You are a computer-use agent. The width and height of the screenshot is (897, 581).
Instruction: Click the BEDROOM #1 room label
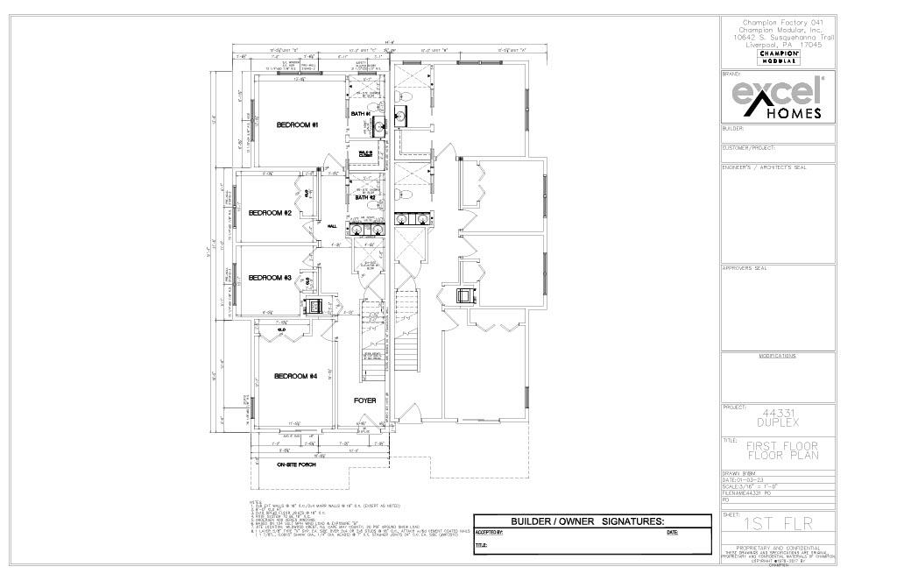(x=297, y=125)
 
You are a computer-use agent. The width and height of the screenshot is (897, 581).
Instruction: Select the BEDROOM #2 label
(x=269, y=213)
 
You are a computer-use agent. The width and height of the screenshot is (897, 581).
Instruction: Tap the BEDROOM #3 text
(x=269, y=278)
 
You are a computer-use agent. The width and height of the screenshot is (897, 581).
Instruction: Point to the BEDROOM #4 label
(x=295, y=376)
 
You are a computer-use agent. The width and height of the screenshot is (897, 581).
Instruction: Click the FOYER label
(x=365, y=400)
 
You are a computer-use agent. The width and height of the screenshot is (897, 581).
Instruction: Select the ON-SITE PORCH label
(x=296, y=464)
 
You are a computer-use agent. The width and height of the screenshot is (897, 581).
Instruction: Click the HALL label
(x=332, y=226)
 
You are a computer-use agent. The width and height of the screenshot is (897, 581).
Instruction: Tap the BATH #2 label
(x=365, y=198)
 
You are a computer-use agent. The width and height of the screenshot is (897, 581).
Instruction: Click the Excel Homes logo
(x=777, y=98)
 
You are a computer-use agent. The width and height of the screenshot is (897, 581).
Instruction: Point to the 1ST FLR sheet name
(x=777, y=524)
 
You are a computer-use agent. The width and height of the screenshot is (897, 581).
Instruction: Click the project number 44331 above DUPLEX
(x=777, y=412)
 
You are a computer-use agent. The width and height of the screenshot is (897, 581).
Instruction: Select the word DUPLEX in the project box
(x=777, y=422)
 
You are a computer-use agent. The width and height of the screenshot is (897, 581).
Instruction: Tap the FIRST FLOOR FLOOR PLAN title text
(x=777, y=450)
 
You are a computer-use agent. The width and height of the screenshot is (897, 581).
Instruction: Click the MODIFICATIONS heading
(x=777, y=356)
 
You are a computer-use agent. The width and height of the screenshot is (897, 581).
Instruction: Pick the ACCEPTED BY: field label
(x=489, y=532)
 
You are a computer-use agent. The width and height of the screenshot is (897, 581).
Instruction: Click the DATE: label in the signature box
(x=672, y=532)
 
